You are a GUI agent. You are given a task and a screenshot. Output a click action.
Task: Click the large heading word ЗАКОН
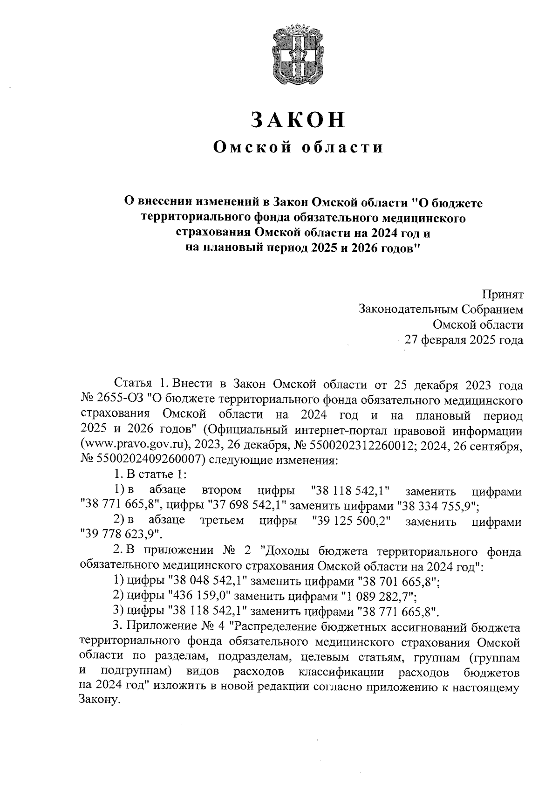click(299, 120)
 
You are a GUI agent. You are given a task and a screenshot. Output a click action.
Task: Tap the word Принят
click(503, 295)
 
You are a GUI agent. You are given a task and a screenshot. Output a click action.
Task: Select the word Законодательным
click(408, 310)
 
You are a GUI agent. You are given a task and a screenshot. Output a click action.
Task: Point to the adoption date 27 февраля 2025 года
click(464, 339)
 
